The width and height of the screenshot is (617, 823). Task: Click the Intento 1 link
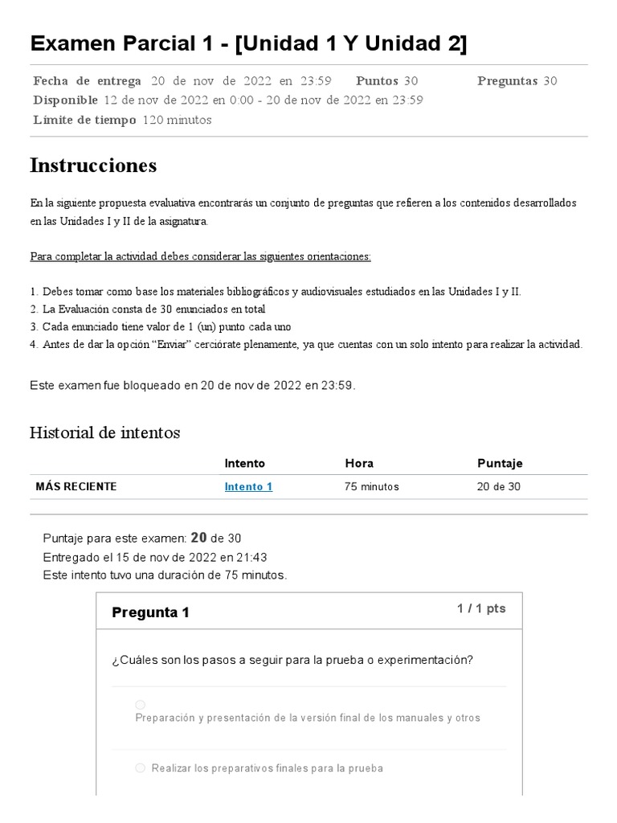point(248,486)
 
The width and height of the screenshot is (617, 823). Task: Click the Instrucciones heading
point(93,166)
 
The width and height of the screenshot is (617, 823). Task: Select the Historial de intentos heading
point(104,432)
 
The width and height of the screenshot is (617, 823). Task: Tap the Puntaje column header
point(500,463)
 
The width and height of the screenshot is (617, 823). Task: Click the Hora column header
point(359,463)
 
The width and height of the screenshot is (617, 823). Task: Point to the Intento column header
point(244,463)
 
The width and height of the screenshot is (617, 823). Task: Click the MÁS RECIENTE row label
point(76,486)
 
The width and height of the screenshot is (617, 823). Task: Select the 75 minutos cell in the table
point(372,486)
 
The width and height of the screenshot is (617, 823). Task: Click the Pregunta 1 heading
point(150,612)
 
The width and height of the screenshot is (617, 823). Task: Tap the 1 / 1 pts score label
point(481,608)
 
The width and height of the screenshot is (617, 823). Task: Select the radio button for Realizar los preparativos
point(140,768)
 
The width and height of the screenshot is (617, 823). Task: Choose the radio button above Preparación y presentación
point(140,705)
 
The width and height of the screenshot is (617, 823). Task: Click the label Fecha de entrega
point(88,80)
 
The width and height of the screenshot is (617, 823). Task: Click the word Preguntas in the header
point(507,80)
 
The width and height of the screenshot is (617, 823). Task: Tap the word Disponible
point(66,100)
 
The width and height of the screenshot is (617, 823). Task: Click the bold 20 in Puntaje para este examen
point(198,538)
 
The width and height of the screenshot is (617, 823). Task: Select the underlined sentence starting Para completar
point(201,256)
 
